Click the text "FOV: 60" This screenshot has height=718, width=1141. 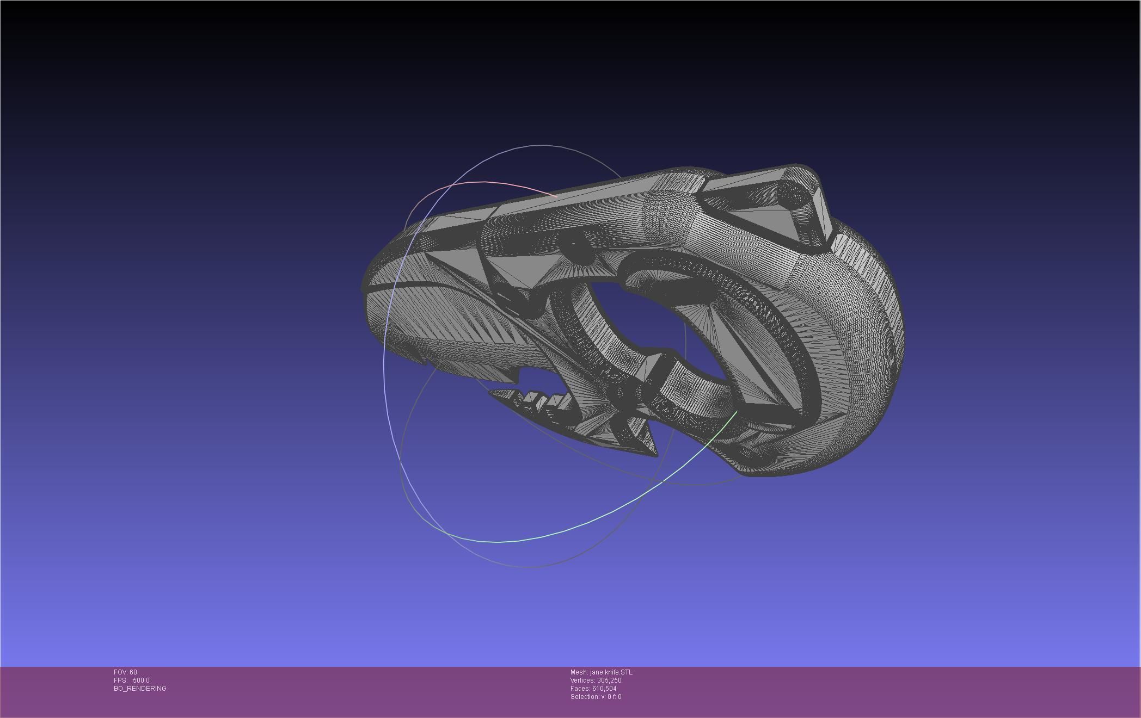pyautogui.click(x=125, y=672)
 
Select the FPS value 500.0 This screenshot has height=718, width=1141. pyautogui.click(x=141, y=680)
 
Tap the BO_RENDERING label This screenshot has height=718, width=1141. pyautogui.click(x=140, y=689)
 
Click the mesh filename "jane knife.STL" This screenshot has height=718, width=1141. pyautogui.click(x=611, y=672)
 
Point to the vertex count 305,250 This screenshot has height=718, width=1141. pyautogui.click(x=609, y=680)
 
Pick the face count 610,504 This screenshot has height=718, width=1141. pyautogui.click(x=604, y=689)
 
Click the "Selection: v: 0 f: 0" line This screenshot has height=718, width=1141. pyautogui.click(x=596, y=697)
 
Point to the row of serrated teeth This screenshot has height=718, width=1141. pyautogui.click(x=539, y=403)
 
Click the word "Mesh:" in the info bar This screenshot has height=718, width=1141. pyautogui.click(x=579, y=672)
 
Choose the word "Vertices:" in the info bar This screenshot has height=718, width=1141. pyautogui.click(x=583, y=680)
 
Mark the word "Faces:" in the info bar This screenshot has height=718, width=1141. pyautogui.click(x=580, y=689)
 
